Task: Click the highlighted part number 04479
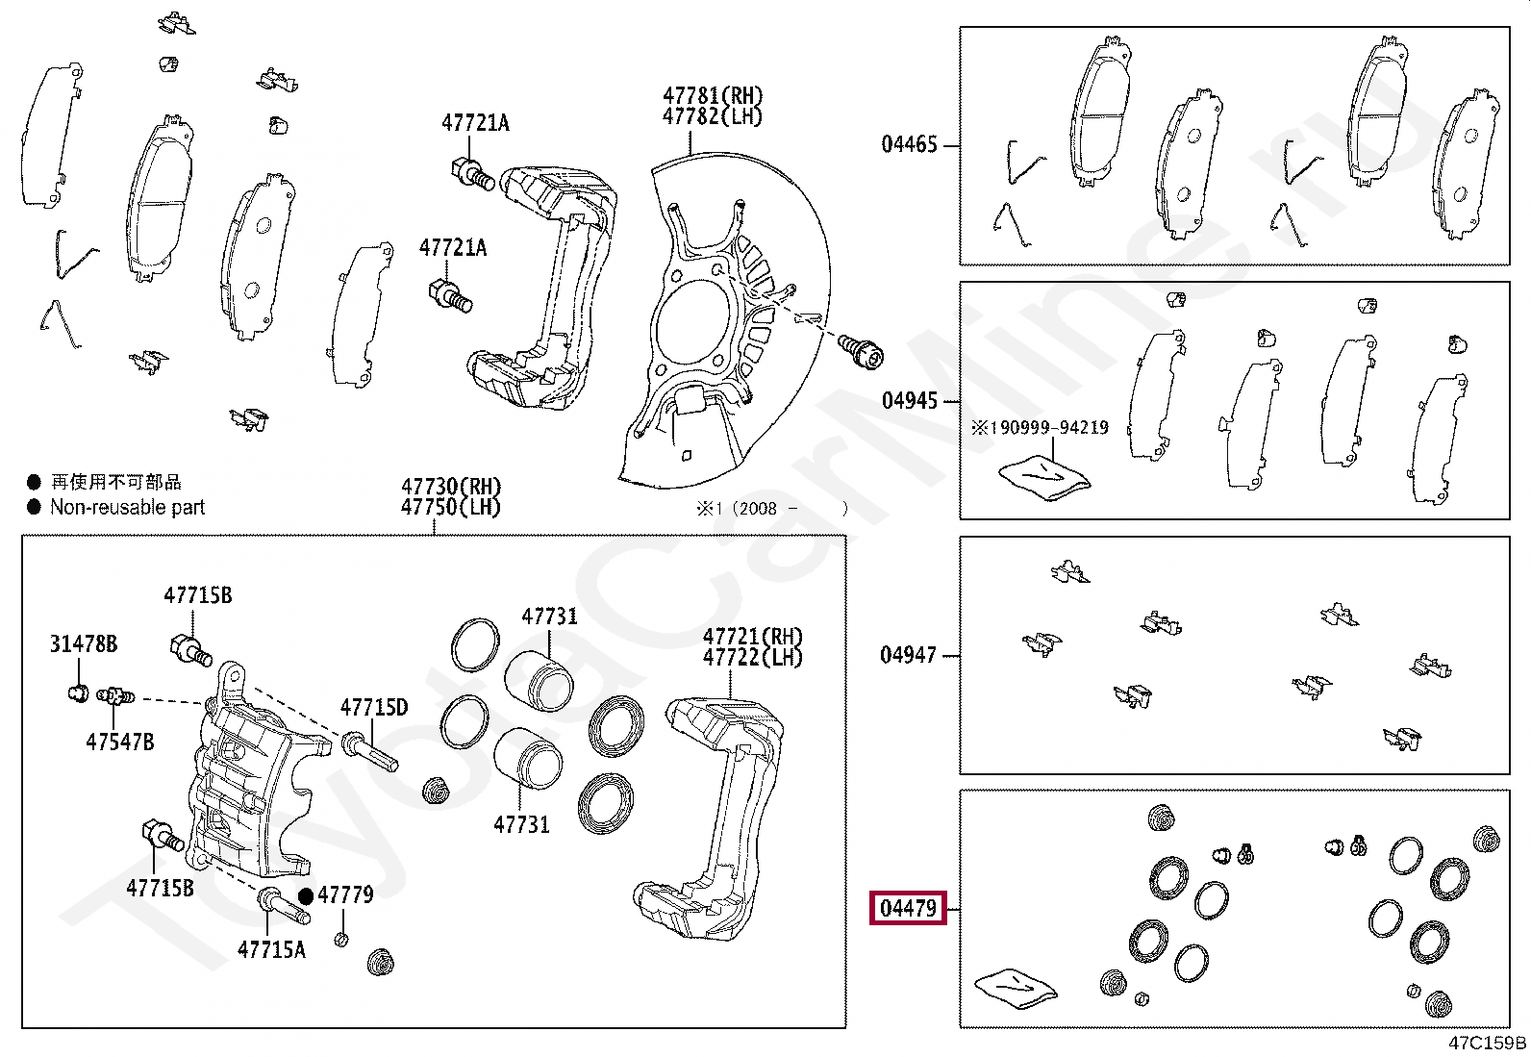pos(909,908)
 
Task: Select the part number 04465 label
pos(909,144)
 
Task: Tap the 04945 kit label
pos(909,400)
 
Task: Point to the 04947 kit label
pos(909,655)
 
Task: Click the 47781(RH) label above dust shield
pos(712,95)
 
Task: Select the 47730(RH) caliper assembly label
pos(451,486)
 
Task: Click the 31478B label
pos(84,643)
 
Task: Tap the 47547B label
pos(119,742)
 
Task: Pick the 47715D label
pos(374,708)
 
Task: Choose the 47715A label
pos(271,950)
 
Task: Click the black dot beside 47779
pos(306,895)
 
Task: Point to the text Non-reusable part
pos(127,507)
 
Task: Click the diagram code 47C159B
pos(1487,1043)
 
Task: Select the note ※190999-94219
pos(1040,427)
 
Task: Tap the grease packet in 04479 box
pos(1015,988)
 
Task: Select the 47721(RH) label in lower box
pos(752,636)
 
